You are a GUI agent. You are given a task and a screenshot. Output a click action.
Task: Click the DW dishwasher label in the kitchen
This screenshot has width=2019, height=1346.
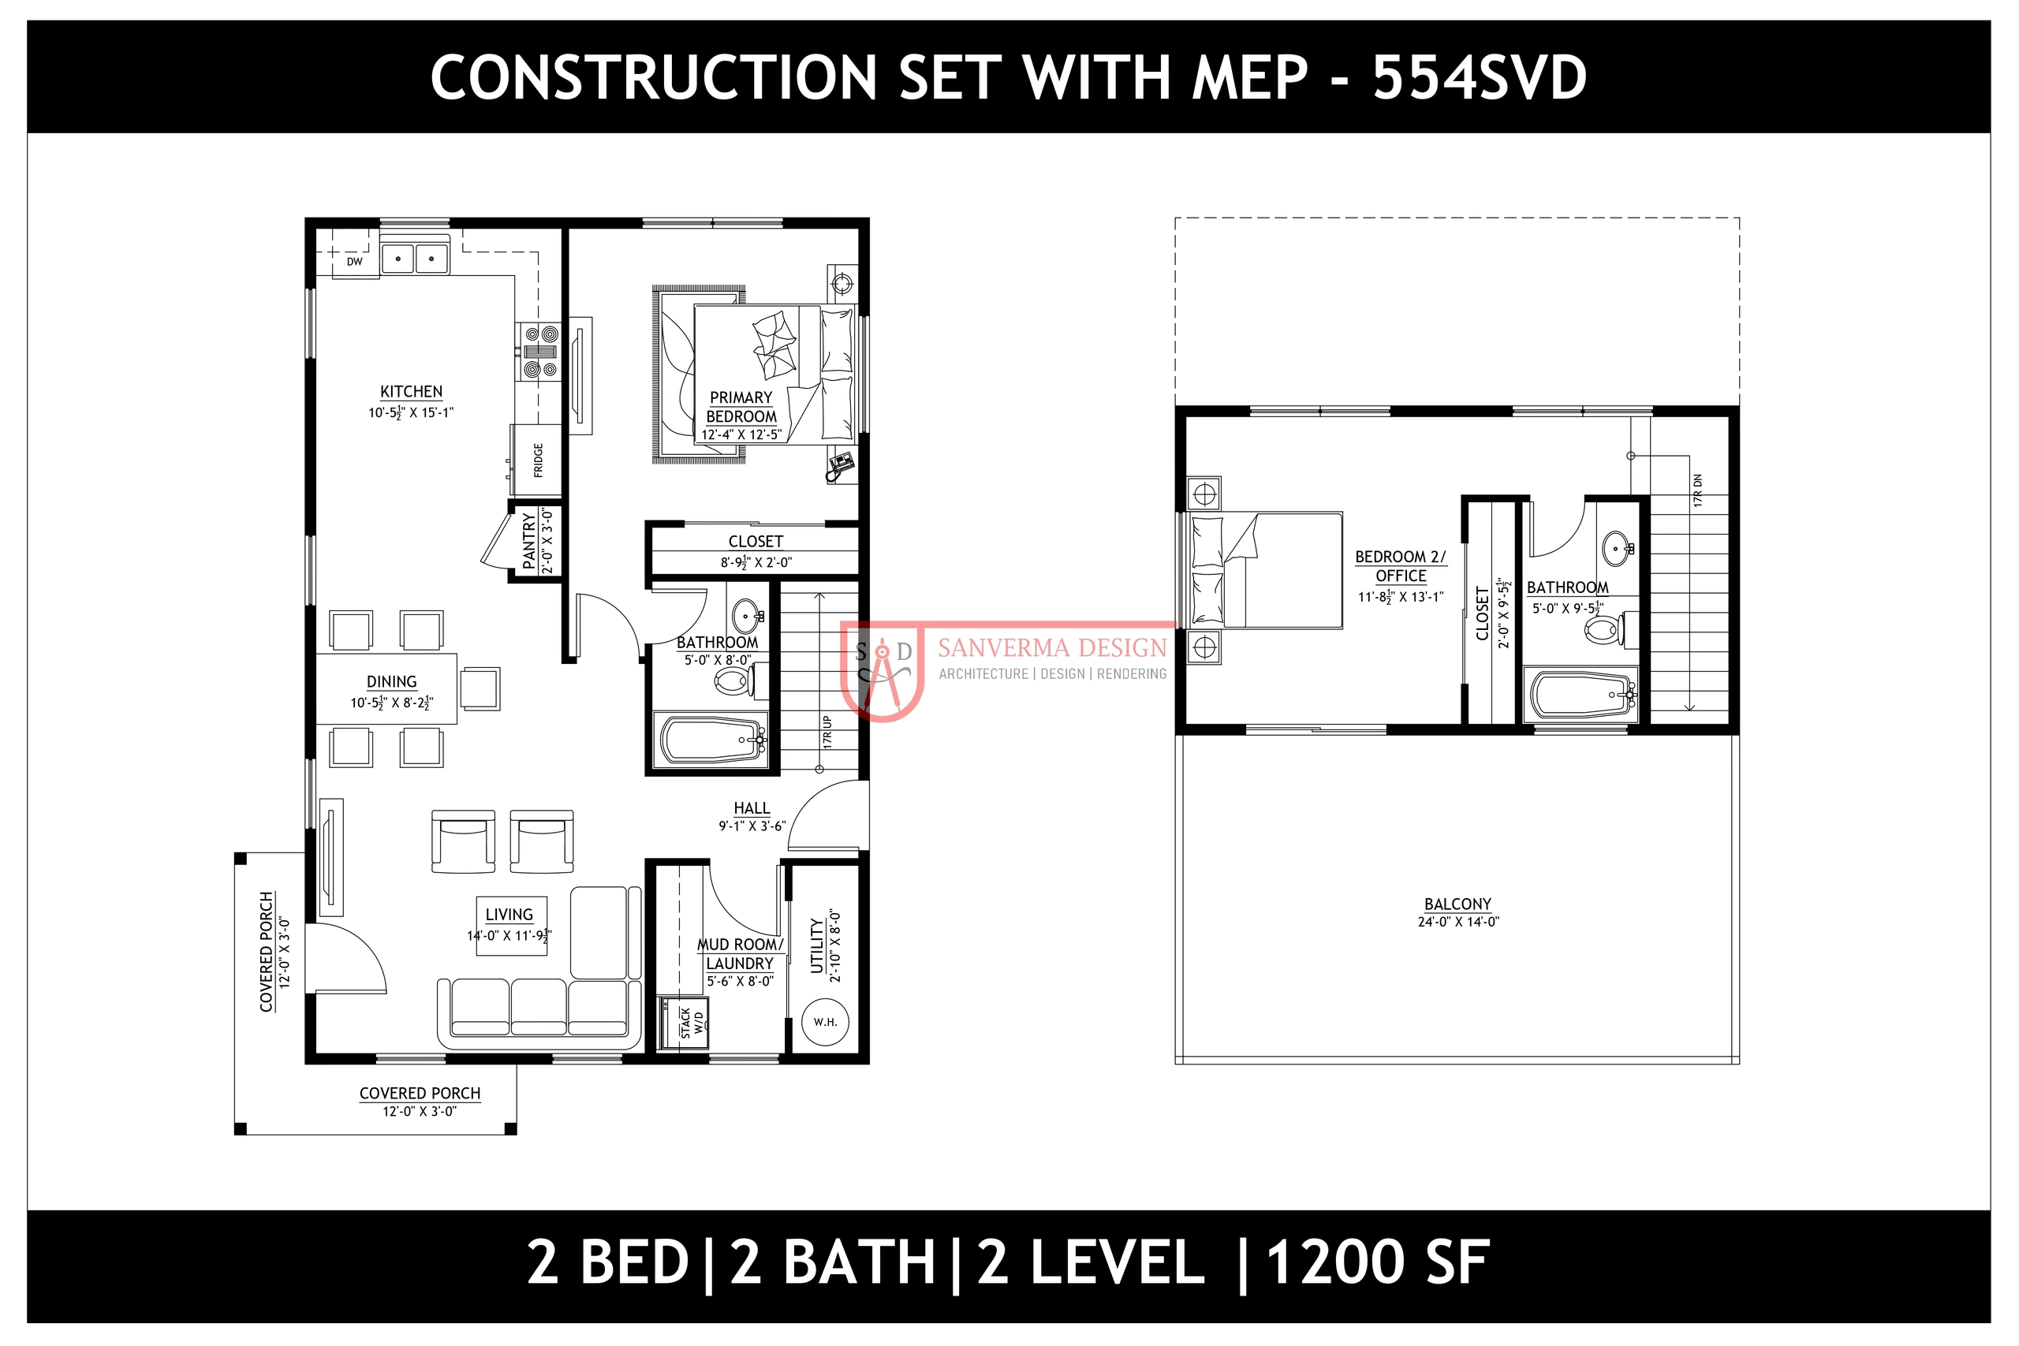tap(355, 262)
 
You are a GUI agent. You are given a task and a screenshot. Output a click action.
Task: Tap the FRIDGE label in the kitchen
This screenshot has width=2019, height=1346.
tap(538, 460)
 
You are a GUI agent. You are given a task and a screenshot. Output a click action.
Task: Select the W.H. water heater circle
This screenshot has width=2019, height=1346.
tap(825, 1021)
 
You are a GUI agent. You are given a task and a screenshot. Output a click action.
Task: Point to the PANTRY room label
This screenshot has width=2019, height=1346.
tap(528, 542)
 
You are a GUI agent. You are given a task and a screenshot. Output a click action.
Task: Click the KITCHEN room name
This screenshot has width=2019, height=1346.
tap(411, 391)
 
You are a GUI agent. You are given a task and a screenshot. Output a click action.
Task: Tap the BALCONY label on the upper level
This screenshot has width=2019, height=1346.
tap(1457, 904)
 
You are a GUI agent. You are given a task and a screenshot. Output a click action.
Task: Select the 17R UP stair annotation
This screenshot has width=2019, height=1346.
tap(827, 733)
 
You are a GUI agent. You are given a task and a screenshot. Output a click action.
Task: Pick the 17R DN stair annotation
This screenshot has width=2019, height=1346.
tap(1698, 490)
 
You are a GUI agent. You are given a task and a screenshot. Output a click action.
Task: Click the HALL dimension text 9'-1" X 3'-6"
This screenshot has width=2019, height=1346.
tap(752, 826)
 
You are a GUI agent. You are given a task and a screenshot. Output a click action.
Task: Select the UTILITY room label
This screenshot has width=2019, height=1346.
tap(817, 946)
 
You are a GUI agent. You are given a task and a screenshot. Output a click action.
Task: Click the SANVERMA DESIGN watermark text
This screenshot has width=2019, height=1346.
tap(1052, 647)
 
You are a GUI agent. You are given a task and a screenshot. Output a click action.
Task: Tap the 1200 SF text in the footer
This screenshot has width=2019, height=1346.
tap(1377, 1262)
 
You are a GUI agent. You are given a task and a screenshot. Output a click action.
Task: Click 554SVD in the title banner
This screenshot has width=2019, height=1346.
tap(1479, 77)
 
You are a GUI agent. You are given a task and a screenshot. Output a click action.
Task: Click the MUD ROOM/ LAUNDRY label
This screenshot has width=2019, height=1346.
tap(740, 953)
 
